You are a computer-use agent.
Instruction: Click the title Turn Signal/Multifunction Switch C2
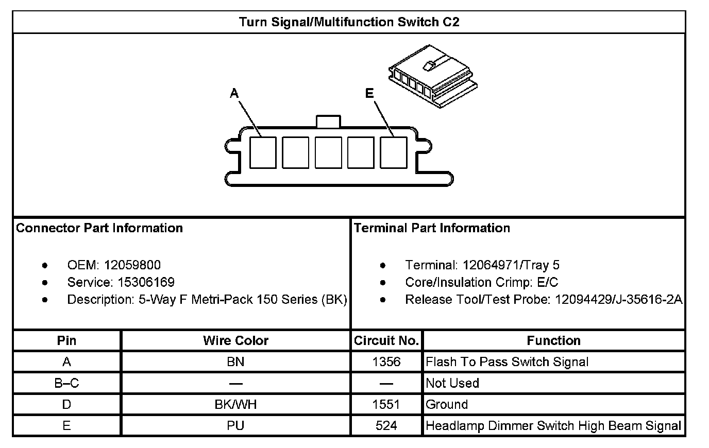(x=349, y=22)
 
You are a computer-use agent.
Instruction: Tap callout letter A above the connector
(x=234, y=93)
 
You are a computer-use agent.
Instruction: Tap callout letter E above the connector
(x=369, y=93)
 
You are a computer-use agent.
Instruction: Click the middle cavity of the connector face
(x=328, y=152)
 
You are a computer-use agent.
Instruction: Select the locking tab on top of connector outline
(x=328, y=122)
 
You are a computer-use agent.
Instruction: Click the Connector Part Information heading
(x=99, y=228)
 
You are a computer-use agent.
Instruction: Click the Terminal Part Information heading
(x=432, y=228)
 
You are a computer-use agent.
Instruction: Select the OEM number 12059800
(x=132, y=265)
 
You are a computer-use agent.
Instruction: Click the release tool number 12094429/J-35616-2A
(x=618, y=299)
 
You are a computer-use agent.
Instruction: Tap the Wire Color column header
(x=235, y=340)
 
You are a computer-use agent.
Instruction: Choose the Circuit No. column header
(x=386, y=340)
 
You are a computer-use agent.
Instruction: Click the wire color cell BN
(x=235, y=362)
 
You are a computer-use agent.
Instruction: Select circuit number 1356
(x=386, y=362)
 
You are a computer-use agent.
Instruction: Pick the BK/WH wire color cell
(x=235, y=404)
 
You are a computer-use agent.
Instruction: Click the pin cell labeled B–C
(x=66, y=383)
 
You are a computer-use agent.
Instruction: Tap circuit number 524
(x=386, y=425)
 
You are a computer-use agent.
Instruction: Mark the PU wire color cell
(x=235, y=425)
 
